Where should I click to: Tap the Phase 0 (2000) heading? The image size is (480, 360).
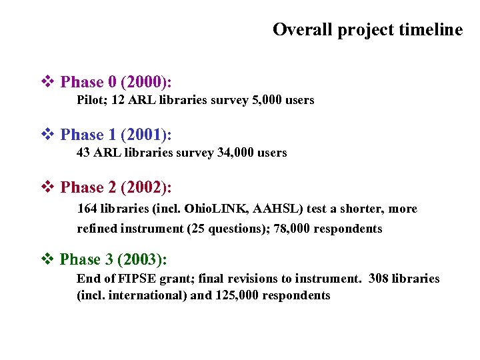coord(116,82)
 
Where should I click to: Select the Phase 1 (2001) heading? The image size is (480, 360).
coord(116,135)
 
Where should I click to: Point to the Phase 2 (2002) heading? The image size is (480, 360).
coord(116,187)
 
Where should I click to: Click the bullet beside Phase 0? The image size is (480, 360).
coord(47,82)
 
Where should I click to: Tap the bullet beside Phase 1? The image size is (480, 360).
coord(47,135)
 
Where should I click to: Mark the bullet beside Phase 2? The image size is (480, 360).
coord(47,187)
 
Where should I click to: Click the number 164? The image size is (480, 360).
coord(87,209)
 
